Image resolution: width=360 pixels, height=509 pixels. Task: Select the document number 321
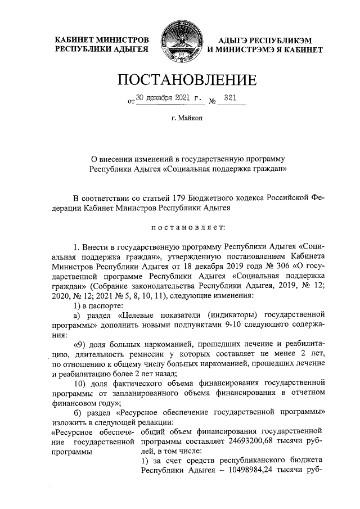click(x=229, y=98)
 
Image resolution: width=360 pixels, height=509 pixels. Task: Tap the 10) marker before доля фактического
click(x=79, y=384)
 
